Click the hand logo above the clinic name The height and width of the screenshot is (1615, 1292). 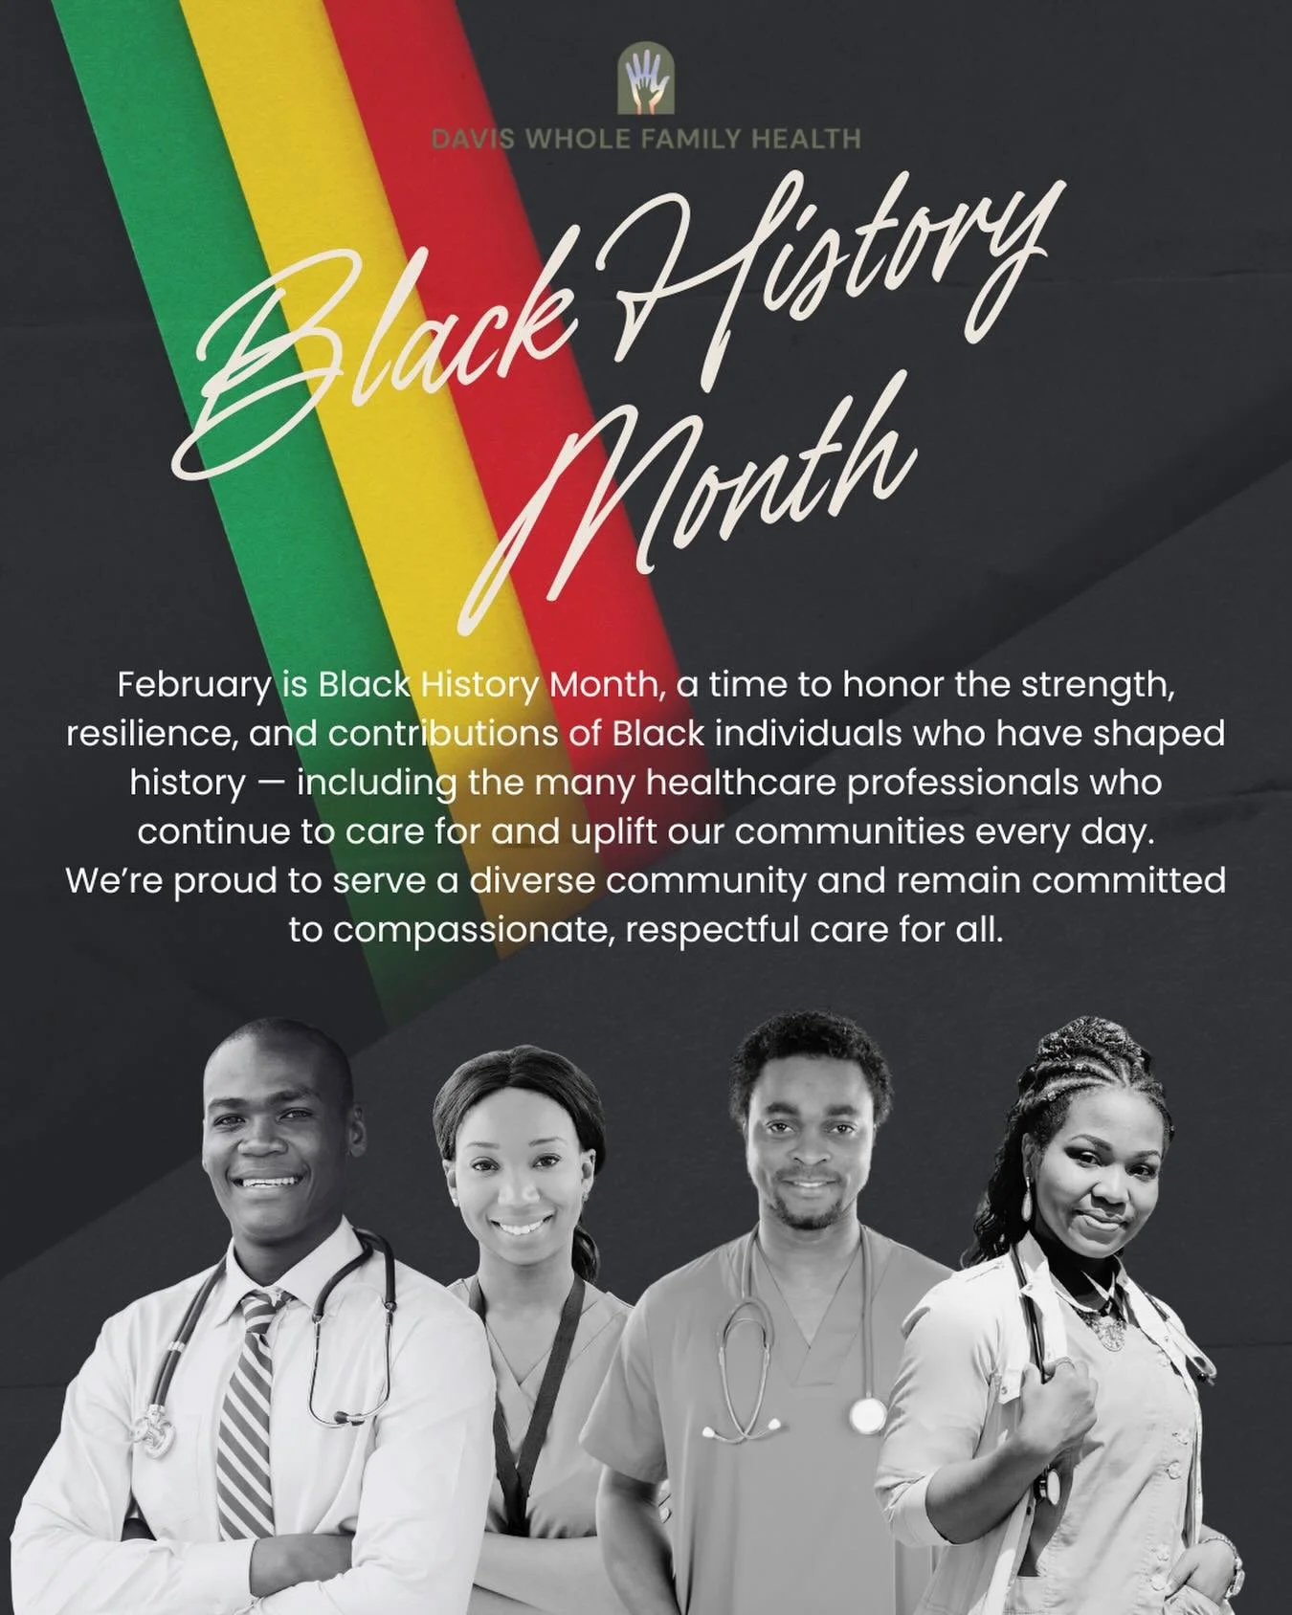(646, 81)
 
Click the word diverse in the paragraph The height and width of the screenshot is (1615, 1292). (532, 881)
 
